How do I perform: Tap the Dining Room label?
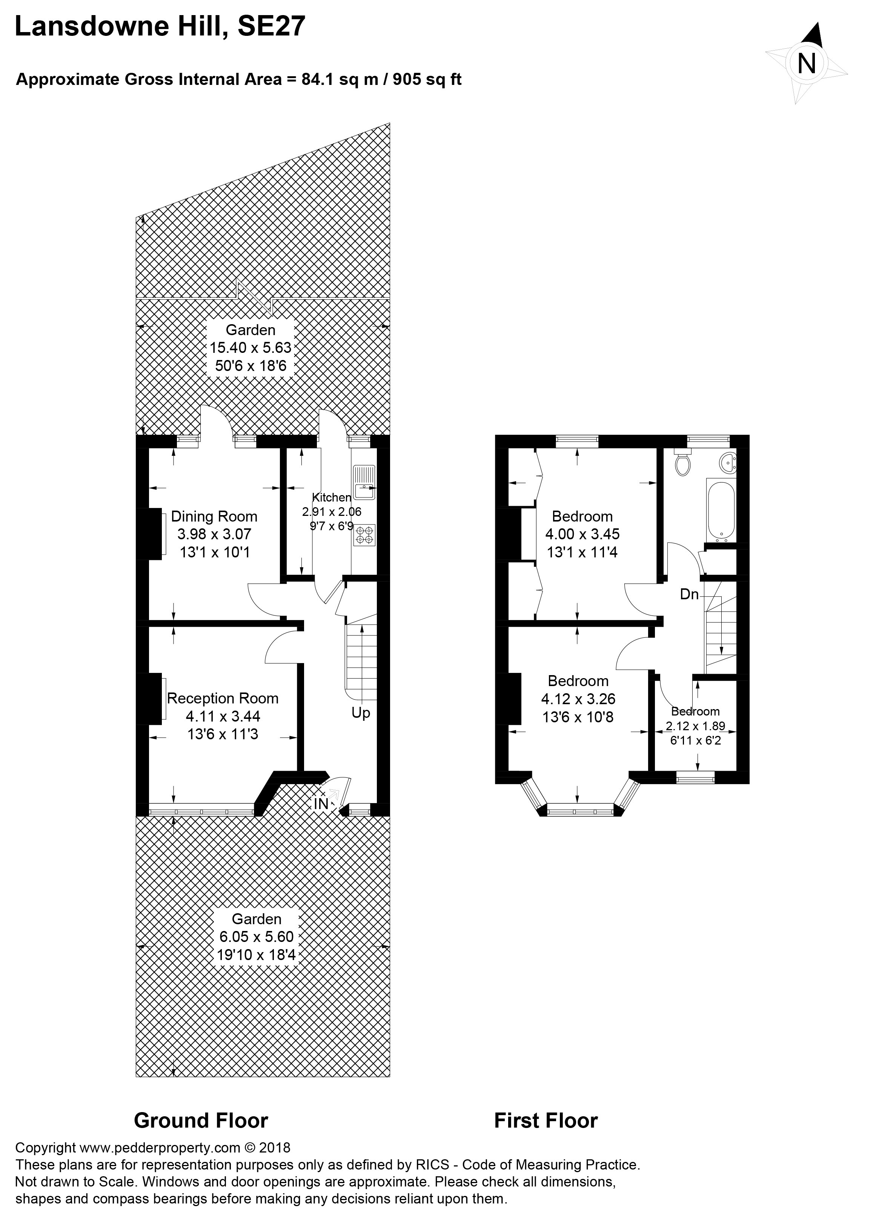click(x=214, y=516)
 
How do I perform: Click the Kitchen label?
click(x=332, y=497)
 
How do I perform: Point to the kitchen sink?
click(x=364, y=479)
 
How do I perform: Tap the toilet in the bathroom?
click(x=682, y=461)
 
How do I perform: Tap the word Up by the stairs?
click(x=361, y=713)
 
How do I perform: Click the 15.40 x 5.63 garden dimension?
click(x=251, y=348)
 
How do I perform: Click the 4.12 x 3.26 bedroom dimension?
click(x=578, y=699)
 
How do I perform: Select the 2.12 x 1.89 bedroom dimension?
click(x=696, y=726)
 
